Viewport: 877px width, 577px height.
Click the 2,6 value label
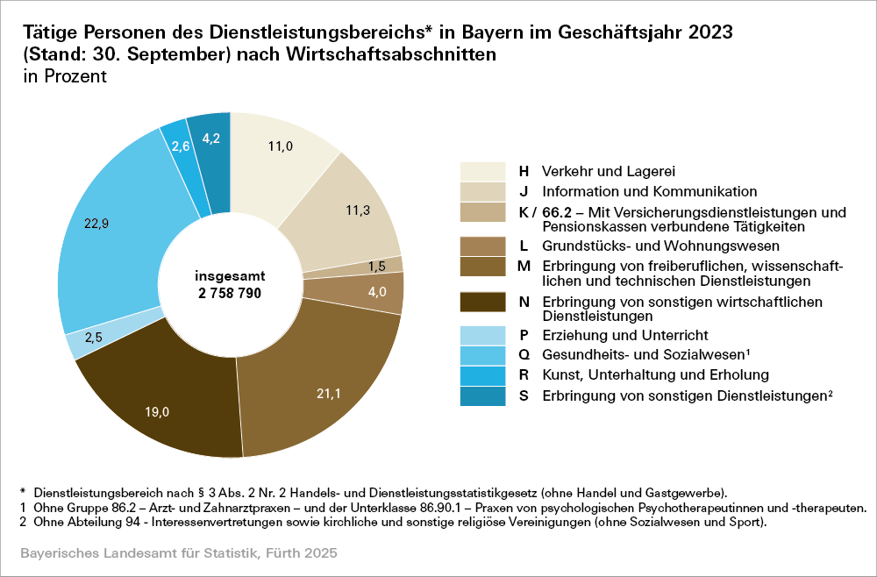[181, 146]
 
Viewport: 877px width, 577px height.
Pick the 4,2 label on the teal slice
[211, 138]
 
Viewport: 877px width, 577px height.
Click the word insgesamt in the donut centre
[230, 274]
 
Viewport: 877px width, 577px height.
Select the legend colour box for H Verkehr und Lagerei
[482, 171]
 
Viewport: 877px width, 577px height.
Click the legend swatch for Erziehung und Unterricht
[482, 335]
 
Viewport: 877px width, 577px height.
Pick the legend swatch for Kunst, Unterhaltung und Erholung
[482, 375]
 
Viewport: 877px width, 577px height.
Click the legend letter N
[523, 302]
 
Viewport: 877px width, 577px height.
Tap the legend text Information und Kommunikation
[649, 191]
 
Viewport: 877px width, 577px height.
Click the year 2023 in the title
[702, 32]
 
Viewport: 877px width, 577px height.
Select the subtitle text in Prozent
[61, 76]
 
